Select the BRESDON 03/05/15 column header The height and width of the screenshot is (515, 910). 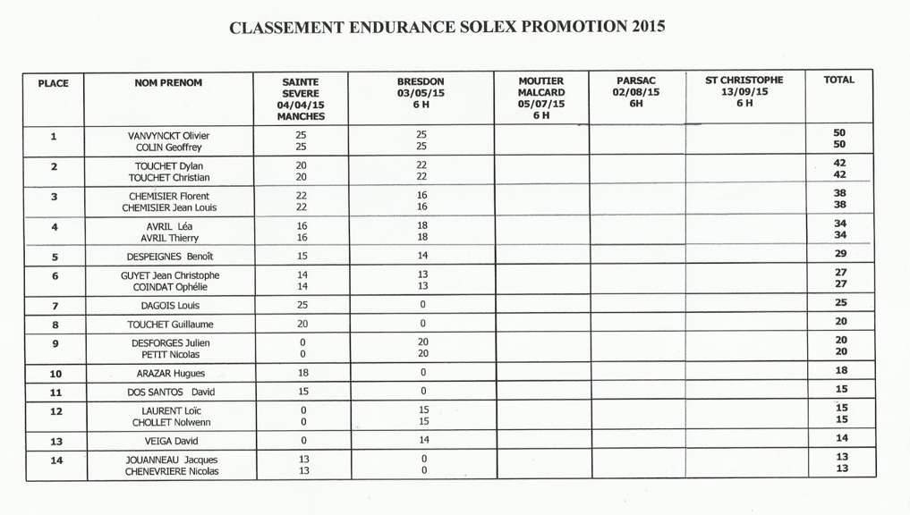[421, 92]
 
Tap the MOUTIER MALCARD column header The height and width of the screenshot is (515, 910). [540, 97]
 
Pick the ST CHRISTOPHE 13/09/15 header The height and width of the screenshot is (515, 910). [744, 91]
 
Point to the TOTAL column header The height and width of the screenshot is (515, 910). [838, 80]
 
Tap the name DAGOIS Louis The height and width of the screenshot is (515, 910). [170, 305]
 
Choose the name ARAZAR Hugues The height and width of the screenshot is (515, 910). [170, 374]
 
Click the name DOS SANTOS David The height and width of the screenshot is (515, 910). [170, 393]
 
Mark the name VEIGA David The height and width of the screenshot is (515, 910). [170, 441]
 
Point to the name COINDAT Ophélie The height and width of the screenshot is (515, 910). [170, 287]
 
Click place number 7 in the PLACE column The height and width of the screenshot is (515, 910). [55, 305]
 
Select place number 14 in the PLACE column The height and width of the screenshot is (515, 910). [55, 460]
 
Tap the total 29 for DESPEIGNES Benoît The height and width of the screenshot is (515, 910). [840, 255]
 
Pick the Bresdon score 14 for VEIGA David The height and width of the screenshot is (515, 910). [422, 440]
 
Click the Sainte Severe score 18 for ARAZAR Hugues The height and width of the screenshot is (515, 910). [302, 373]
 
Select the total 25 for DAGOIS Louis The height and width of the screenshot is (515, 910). [840, 303]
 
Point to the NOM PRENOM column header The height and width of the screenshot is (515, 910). [168, 82]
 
